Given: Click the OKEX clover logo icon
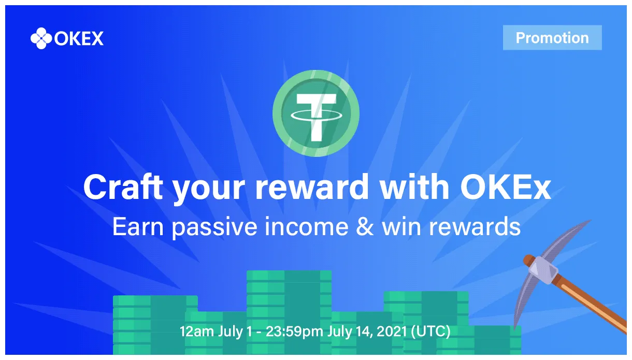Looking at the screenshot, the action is [x=41, y=38].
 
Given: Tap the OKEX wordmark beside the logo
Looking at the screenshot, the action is [x=79, y=39].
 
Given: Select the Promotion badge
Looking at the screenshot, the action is [x=552, y=37].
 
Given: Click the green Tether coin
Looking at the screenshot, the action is [x=316, y=113].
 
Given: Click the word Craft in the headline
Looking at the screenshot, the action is [x=123, y=187].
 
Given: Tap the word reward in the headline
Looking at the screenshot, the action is [x=312, y=186].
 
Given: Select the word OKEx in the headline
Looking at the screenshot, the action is [x=505, y=187].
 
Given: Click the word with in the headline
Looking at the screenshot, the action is [x=414, y=186].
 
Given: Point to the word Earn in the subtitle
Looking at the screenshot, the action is [x=138, y=226].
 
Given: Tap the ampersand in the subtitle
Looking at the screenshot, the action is [x=365, y=226].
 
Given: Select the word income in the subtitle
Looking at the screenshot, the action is [x=307, y=226].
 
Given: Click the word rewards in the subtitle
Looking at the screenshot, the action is [x=475, y=227].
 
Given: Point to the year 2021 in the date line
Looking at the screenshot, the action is [x=392, y=331].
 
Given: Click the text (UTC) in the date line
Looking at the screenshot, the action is [x=430, y=332].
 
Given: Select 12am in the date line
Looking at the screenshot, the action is [x=197, y=332].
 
